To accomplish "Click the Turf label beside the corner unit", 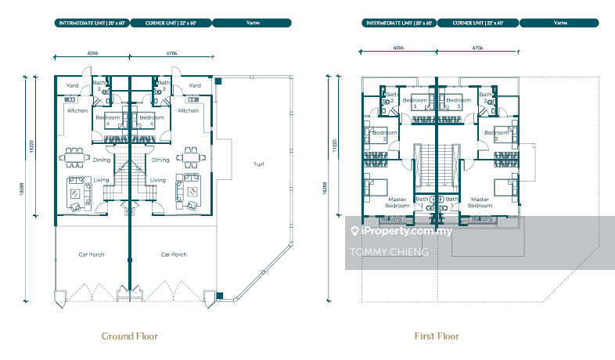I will (259, 164).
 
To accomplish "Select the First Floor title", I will (436, 336).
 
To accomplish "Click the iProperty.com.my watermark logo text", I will (403, 232).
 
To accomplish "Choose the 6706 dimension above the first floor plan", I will (477, 48).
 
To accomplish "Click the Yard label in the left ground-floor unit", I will (72, 85).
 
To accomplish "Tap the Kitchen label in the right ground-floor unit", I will (188, 110).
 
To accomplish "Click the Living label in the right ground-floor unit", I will (158, 180).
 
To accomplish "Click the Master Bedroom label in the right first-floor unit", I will (480, 202).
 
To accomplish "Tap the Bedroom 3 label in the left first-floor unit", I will (415, 103).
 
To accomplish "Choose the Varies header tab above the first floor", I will (560, 23).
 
